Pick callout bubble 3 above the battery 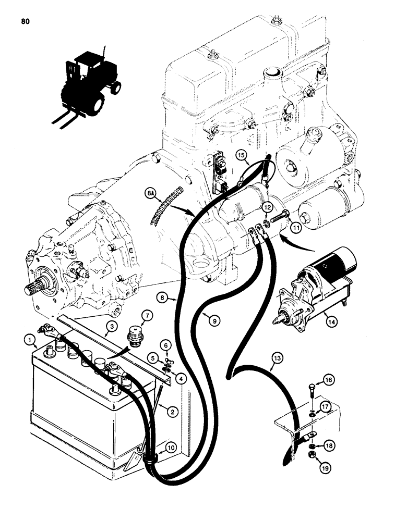[110, 327]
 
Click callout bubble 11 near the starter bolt [296, 228]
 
